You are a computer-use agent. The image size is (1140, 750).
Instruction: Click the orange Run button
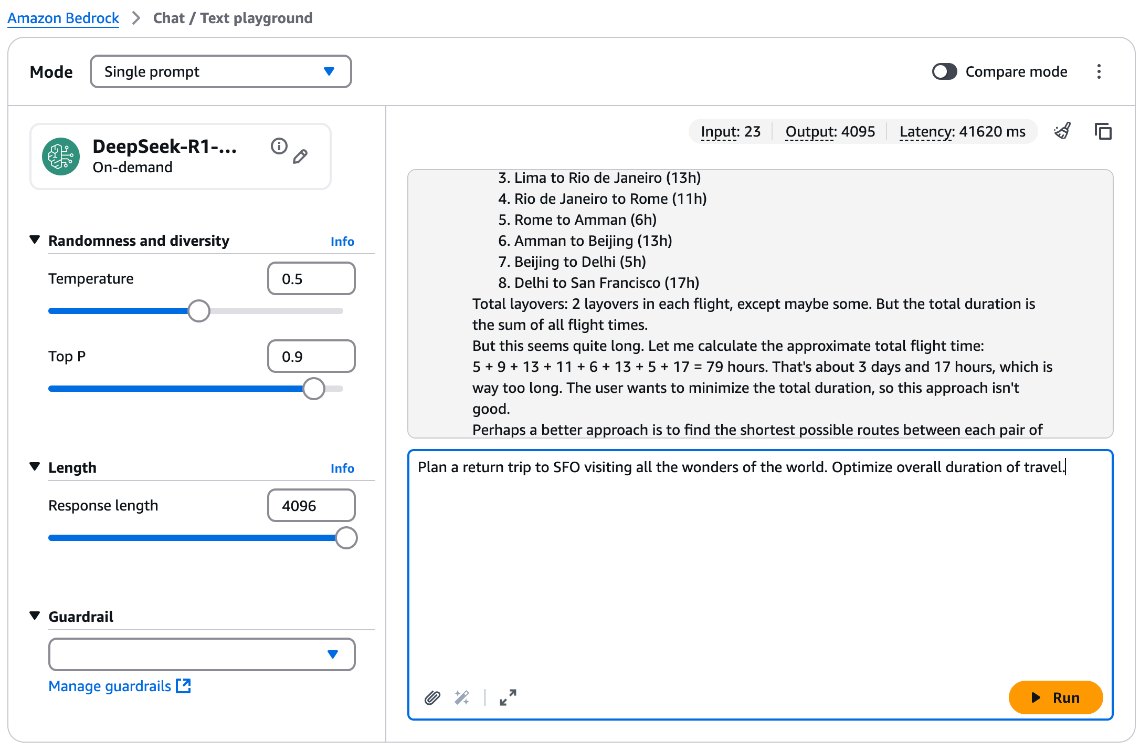click(1055, 697)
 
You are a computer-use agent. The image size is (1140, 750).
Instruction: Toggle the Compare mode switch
click(944, 71)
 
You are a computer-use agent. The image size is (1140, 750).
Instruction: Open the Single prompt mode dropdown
click(220, 71)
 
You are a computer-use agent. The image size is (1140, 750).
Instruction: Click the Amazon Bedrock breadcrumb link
click(63, 18)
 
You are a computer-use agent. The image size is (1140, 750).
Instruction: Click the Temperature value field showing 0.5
click(311, 279)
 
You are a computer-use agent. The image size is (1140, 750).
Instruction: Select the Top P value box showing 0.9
click(311, 357)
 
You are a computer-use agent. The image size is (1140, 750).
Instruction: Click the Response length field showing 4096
click(311, 506)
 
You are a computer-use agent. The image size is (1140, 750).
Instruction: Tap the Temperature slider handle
click(199, 311)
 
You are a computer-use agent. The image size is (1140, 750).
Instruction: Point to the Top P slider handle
click(314, 389)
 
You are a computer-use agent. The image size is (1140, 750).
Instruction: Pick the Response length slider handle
click(346, 538)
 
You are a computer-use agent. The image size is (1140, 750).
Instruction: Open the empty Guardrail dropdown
click(202, 654)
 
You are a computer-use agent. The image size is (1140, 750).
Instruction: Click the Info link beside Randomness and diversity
click(342, 242)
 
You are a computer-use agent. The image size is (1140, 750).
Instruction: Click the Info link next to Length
click(342, 468)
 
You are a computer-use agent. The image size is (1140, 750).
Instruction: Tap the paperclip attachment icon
click(432, 697)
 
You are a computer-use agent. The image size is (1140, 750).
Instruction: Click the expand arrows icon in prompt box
click(508, 697)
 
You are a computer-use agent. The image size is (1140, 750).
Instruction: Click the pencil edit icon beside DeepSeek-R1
click(300, 157)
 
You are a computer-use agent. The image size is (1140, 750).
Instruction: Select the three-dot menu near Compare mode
click(1099, 71)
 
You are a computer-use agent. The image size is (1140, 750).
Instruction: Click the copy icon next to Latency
click(1103, 131)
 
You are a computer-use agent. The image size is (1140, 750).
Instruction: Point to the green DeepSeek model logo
click(61, 157)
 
